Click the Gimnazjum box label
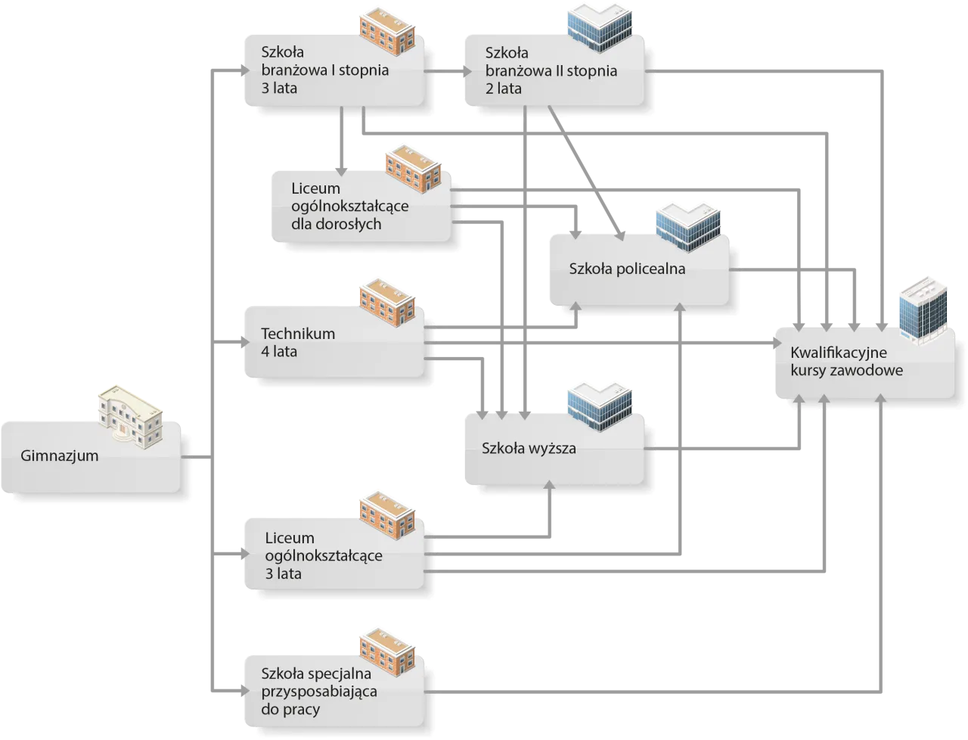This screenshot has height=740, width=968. (x=60, y=456)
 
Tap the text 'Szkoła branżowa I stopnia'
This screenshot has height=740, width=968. (x=324, y=70)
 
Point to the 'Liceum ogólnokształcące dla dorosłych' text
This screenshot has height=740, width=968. (x=349, y=206)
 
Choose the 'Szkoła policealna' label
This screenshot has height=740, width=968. (x=627, y=269)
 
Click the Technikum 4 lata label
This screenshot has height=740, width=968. (x=298, y=342)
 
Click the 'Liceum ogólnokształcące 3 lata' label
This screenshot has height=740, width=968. (x=324, y=555)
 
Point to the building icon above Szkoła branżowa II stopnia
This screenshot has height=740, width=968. (x=600, y=28)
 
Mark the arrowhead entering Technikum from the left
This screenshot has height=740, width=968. (x=241, y=345)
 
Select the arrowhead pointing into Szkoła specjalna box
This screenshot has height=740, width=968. (x=241, y=690)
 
